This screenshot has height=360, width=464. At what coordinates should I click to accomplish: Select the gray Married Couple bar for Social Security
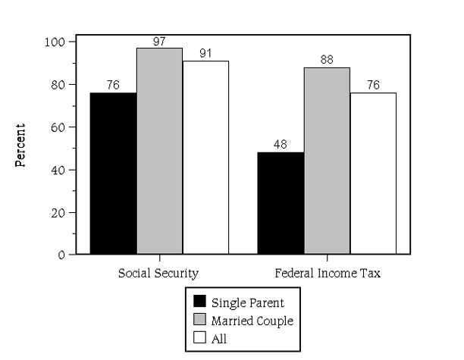(159, 151)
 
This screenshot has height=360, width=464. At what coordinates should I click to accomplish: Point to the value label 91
(205, 52)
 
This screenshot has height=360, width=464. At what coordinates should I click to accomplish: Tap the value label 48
(281, 144)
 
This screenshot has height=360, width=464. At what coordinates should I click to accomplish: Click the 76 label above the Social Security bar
(113, 84)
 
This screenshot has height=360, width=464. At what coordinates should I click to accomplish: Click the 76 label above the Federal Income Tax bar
(373, 84)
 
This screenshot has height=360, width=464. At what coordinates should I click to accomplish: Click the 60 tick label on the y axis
(59, 127)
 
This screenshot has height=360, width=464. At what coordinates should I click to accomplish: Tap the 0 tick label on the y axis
(62, 255)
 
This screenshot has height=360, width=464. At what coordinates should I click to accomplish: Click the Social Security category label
(159, 272)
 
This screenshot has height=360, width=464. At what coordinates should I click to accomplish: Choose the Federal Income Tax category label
(327, 272)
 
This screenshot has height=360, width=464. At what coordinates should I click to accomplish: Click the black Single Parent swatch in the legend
(200, 302)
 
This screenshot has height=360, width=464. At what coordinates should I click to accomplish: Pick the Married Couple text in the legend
(252, 321)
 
